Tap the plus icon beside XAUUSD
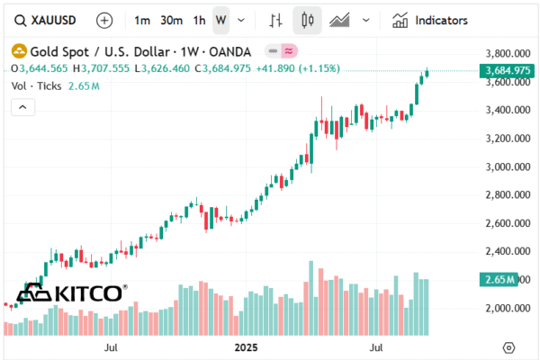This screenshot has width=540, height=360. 104,20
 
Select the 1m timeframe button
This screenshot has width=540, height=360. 142,20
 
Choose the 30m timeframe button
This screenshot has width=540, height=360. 171,20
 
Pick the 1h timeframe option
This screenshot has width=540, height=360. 199,20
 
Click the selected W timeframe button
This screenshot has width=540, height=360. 221,20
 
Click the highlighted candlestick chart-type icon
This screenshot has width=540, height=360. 308,20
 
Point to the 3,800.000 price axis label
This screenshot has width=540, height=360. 506,54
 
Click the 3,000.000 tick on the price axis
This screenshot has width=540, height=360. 506,166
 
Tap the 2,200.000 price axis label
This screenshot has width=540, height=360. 506,280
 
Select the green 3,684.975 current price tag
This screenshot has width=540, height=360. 505,70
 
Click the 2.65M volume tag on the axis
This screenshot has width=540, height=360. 498,280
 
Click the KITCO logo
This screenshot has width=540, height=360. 72,293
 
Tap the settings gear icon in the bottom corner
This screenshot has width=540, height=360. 509,347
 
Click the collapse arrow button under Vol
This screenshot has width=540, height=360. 23,107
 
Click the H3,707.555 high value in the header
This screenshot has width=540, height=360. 104,67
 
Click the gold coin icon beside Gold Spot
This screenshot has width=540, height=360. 17,51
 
